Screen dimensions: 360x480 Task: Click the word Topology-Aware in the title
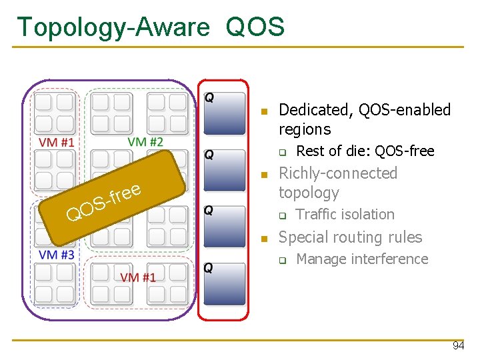tap(113, 27)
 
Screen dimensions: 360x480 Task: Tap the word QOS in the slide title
tap(255, 27)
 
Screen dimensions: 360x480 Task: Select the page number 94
tap(458, 346)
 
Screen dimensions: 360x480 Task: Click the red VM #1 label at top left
tap(56, 142)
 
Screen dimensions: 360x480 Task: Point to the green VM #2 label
tap(145, 141)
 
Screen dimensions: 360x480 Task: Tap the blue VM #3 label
tap(56, 255)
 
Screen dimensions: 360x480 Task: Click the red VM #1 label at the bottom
tap(137, 276)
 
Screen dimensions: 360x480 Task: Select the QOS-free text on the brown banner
tap(104, 203)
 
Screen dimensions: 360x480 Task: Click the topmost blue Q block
tap(224, 113)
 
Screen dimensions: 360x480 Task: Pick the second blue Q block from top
tap(224, 171)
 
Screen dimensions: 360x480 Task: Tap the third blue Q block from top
tap(224, 227)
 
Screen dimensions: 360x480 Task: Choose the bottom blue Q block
tap(224, 284)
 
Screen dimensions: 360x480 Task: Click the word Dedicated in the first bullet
tap(315, 110)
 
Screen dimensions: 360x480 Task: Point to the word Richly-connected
tap(337, 173)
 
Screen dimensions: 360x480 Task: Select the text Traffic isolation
tap(345, 214)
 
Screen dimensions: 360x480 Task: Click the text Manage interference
tap(361, 259)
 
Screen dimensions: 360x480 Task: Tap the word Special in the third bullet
tap(303, 237)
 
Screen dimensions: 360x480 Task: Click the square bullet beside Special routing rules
tap(264, 239)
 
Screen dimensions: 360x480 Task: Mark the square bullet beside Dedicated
tap(264, 111)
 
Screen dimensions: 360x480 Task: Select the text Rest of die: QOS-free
tap(365, 151)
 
